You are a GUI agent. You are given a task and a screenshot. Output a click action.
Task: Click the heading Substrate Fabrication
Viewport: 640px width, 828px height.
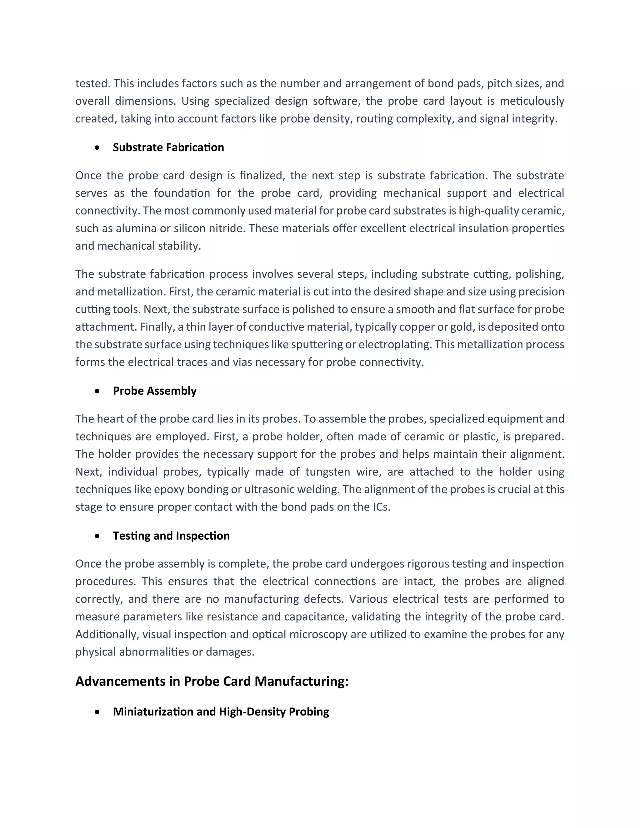coord(168,147)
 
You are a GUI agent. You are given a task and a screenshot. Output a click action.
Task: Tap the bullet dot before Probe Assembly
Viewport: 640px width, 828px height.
coord(98,391)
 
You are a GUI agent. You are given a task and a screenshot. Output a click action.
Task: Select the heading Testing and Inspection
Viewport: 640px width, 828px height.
coord(171,536)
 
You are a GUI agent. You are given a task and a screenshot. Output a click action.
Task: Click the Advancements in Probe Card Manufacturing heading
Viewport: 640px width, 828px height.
coord(212,681)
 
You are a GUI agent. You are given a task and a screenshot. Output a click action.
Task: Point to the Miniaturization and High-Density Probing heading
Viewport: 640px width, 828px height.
coord(221,711)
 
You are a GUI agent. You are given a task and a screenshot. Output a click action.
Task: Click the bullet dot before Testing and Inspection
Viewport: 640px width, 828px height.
coord(98,536)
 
